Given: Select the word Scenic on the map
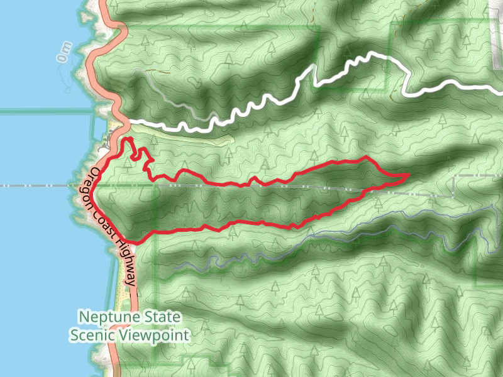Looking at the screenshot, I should (x=91, y=335).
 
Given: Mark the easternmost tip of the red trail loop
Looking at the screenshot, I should (x=409, y=174).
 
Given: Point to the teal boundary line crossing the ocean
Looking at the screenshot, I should (x=44, y=111).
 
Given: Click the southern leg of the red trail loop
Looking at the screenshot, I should (x=251, y=222).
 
